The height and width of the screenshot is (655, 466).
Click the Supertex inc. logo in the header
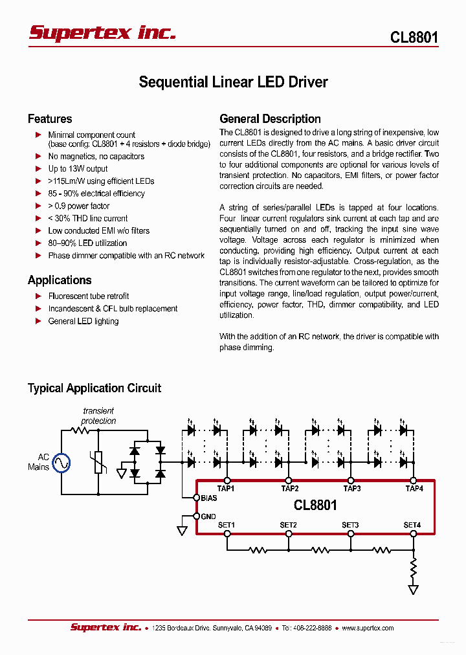coord(102,33)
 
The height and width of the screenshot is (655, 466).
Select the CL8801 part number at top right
coord(414,38)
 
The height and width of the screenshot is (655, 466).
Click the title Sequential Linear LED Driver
coord(233,82)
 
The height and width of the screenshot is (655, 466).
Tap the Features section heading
coord(50,119)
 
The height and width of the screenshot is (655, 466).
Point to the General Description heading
coord(270,119)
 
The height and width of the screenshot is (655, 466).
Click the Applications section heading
coord(60,280)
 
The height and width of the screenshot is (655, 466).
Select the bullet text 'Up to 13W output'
coord(78,169)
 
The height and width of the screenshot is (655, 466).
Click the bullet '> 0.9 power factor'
coord(79,206)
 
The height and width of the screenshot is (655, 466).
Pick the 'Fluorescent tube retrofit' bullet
coord(89,296)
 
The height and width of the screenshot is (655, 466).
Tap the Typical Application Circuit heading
coord(94,388)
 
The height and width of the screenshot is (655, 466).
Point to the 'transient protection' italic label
coord(98,416)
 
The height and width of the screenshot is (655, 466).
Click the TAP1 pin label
coord(225,489)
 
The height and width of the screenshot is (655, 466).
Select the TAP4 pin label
coord(414,489)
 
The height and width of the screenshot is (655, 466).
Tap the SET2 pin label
coord(288,525)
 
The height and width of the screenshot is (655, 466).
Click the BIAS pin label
coord(209,498)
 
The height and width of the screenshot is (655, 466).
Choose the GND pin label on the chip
coord(208,516)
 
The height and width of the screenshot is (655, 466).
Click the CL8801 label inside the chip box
coord(315,505)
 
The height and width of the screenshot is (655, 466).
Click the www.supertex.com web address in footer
coord(368,628)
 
